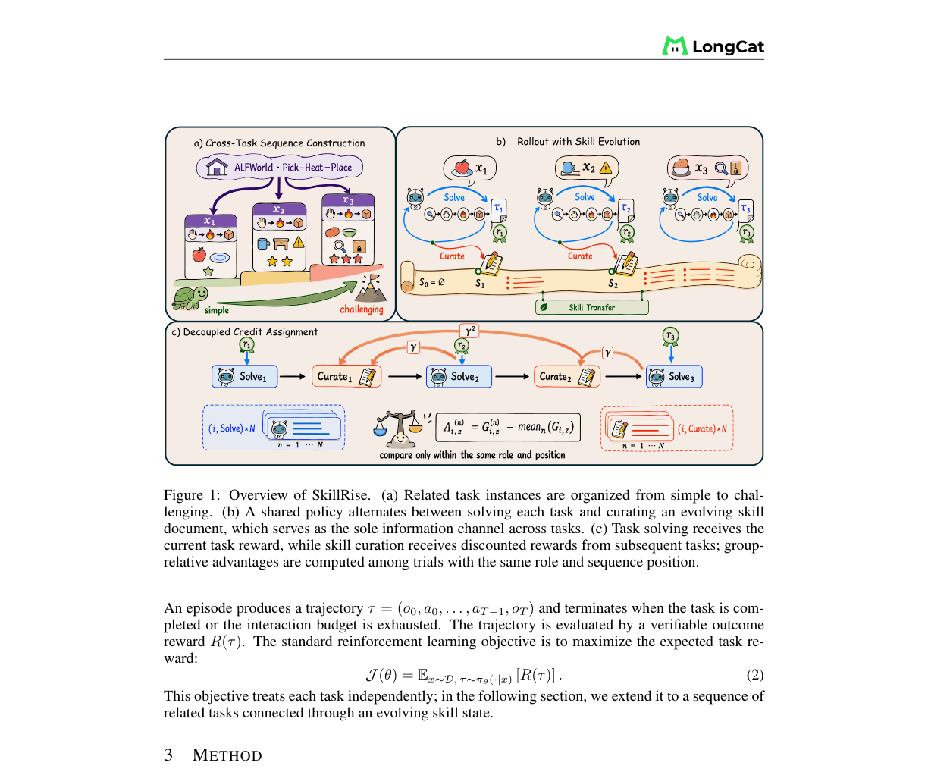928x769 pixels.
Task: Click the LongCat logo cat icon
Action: (674, 46)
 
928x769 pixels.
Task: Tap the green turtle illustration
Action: (190, 298)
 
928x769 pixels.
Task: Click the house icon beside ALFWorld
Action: (217, 167)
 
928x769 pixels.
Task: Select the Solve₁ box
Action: (244, 376)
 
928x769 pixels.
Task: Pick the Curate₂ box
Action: (566, 376)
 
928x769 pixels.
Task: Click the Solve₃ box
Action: (674, 376)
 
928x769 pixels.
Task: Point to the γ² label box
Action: (469, 331)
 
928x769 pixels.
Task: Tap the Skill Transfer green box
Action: (591, 307)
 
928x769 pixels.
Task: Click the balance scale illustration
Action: (398, 428)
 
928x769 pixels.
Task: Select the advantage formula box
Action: (508, 427)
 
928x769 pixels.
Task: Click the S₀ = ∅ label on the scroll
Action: (431, 282)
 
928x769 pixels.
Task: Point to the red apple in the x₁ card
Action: (199, 255)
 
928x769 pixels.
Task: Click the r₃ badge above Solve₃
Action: (670, 336)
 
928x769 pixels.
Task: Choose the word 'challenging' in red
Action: (362, 309)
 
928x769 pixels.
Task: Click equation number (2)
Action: (754, 675)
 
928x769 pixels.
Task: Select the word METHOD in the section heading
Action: (227, 755)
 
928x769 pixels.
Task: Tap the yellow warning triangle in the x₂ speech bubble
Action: (605, 168)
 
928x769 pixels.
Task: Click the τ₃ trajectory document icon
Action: (746, 211)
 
